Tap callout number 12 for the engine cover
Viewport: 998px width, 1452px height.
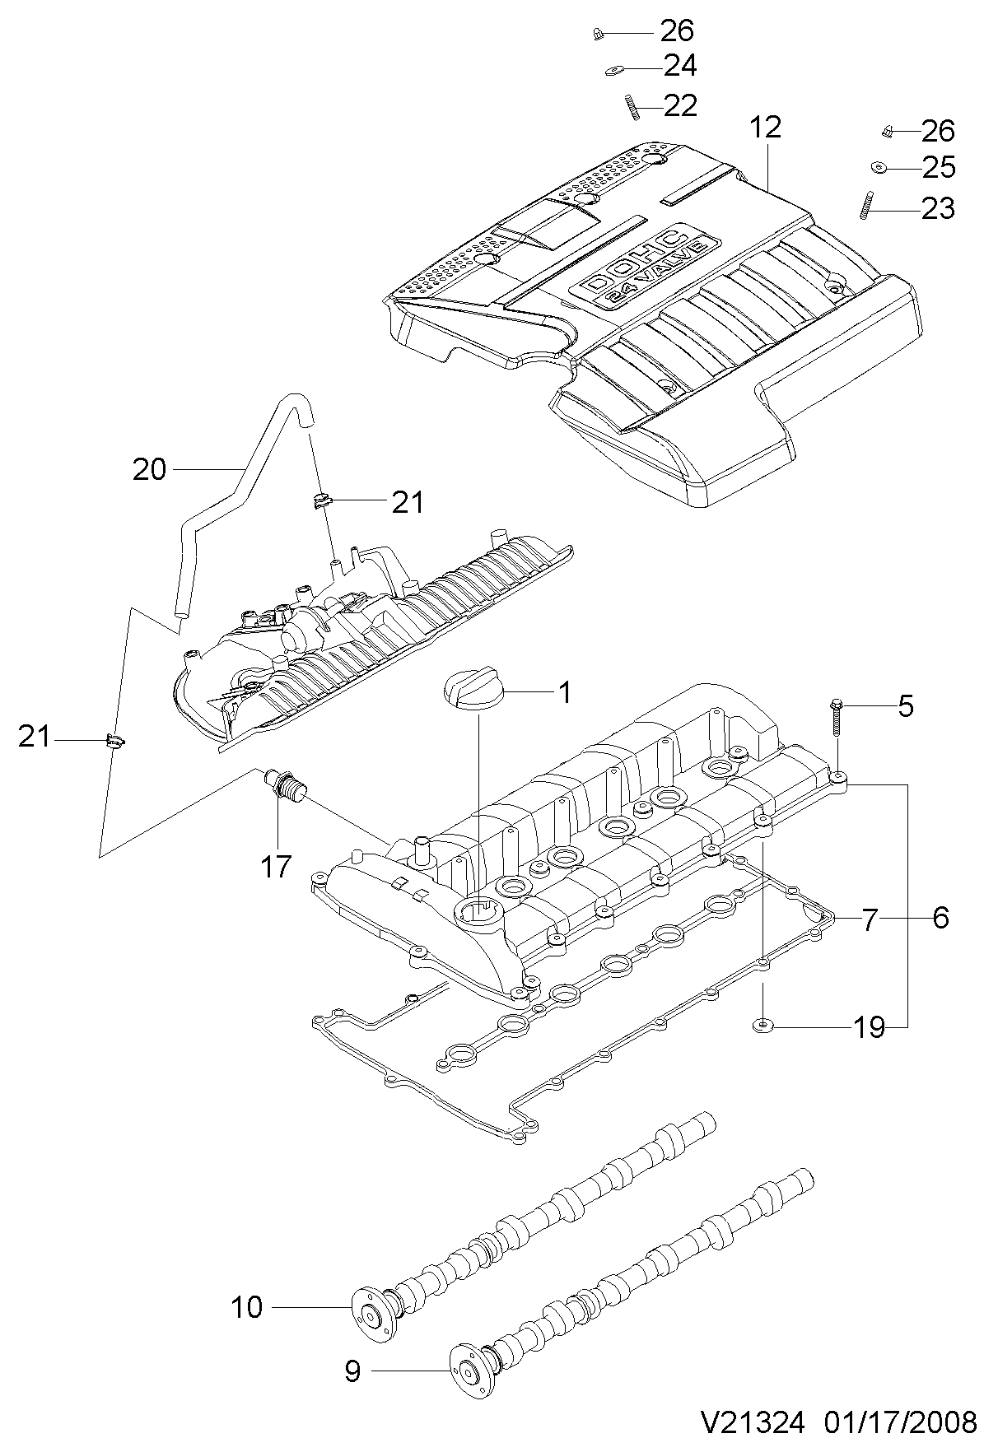coord(765,128)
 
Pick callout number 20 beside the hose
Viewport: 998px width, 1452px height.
coord(150,470)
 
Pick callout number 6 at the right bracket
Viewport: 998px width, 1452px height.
coord(940,918)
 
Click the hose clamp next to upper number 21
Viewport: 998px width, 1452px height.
coord(320,499)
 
